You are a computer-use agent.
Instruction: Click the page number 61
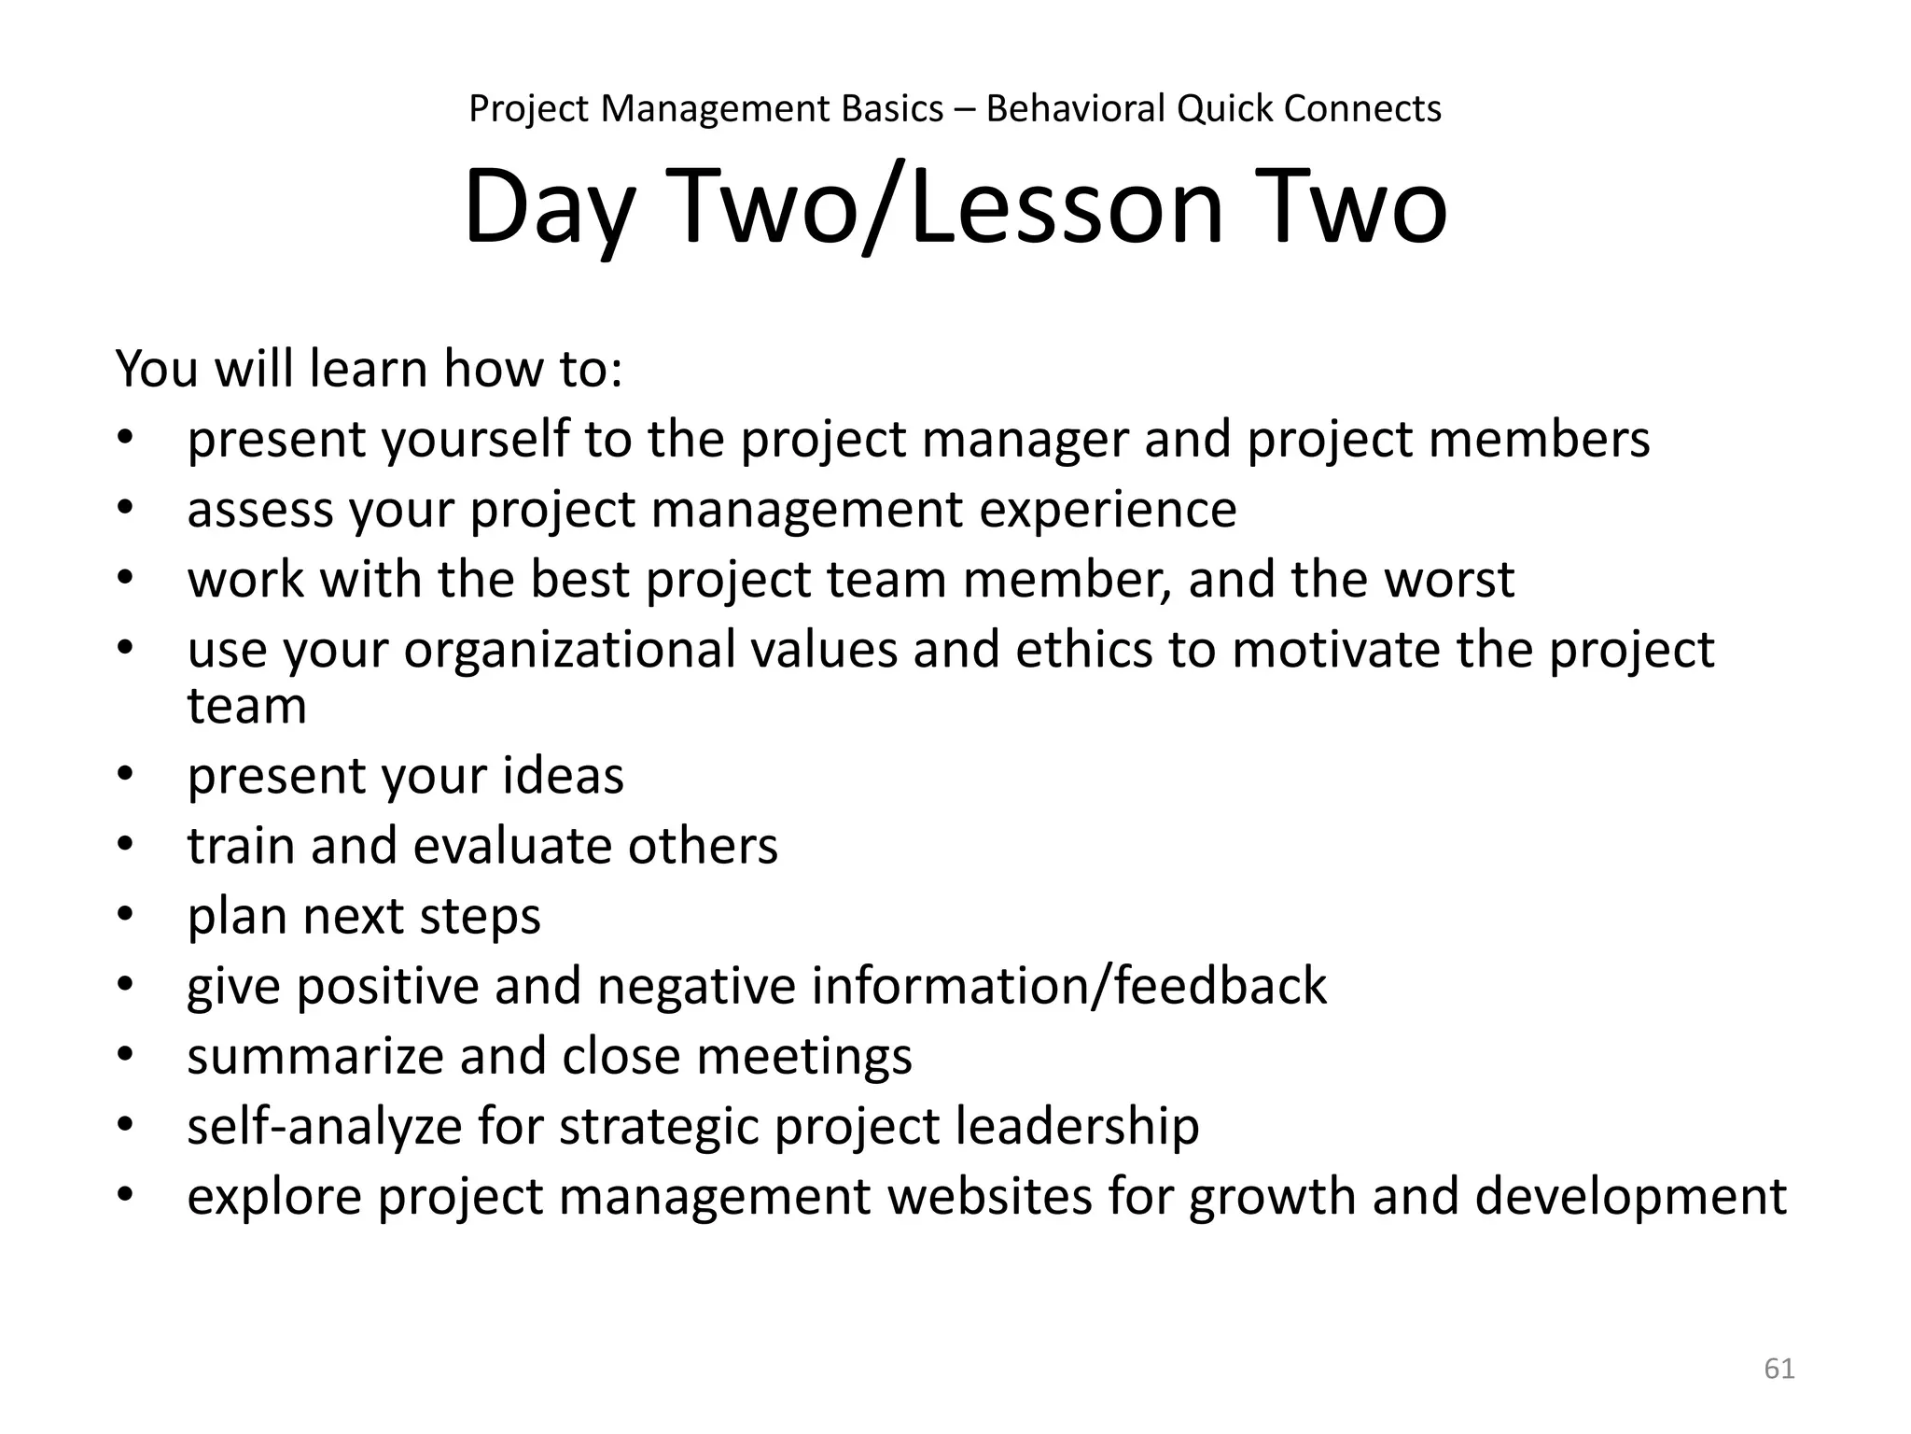click(1778, 1369)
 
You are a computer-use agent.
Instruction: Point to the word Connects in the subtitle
click(1361, 109)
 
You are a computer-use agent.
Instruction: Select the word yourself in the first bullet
click(471, 440)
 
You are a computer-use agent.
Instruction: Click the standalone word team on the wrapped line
click(246, 706)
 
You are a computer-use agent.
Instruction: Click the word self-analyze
click(324, 1127)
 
